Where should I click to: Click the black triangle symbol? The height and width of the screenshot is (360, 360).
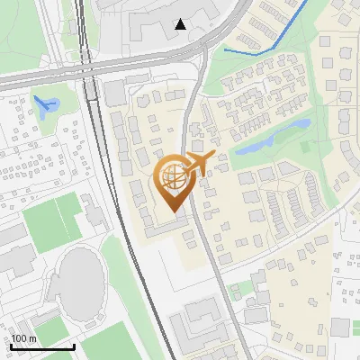(181, 24)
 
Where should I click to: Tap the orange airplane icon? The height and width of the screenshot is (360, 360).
(206, 162)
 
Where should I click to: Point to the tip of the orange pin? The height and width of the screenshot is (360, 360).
(174, 211)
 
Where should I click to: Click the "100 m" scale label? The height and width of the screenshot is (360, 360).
(23, 338)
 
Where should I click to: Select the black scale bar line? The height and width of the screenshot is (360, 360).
(42, 346)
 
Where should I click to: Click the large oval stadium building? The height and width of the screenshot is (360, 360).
(81, 274)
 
